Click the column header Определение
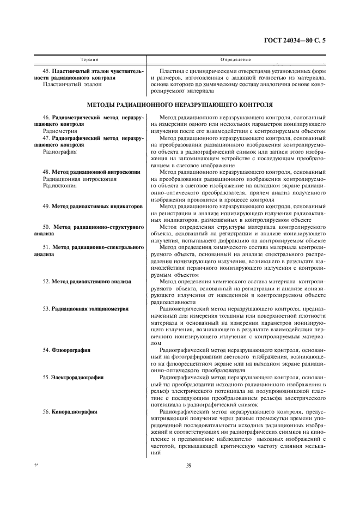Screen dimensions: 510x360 point(235,58)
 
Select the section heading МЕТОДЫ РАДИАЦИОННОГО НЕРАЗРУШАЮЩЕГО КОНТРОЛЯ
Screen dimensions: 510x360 point(180,104)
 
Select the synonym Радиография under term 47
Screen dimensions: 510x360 point(57,152)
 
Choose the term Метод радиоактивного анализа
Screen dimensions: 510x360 point(91,281)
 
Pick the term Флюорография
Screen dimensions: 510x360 point(71,349)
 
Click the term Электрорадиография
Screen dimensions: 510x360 point(78,376)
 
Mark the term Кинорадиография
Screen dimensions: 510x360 point(75,411)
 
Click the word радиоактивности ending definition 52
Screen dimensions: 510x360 point(174,301)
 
